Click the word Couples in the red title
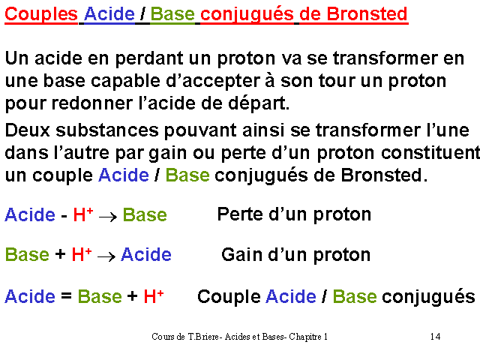[41, 14]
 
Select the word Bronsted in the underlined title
[367, 14]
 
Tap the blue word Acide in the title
[109, 14]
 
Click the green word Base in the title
[172, 14]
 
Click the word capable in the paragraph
[125, 82]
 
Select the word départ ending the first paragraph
[259, 103]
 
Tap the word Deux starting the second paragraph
[28, 130]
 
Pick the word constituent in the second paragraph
[430, 153]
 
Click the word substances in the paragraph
[107, 130]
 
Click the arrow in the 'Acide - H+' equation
[108, 217]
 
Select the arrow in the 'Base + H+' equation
[106, 256]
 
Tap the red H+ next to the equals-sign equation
[154, 296]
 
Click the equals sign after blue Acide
[66, 296]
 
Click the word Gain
[242, 255]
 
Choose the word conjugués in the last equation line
[428, 298]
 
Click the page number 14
[435, 337]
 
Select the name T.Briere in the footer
[203, 337]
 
